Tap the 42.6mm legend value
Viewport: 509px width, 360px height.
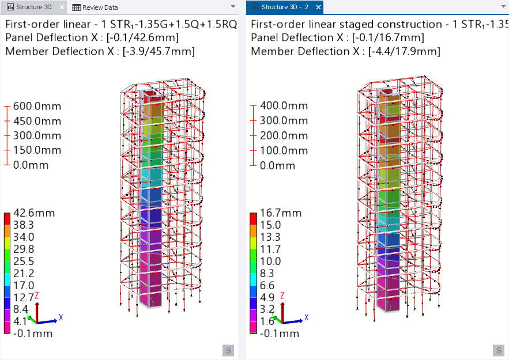(34, 213)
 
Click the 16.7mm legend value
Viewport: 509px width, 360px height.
(281, 213)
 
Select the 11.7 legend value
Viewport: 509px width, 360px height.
(270, 249)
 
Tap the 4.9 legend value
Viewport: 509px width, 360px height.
(267, 297)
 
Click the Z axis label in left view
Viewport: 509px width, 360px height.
(37, 295)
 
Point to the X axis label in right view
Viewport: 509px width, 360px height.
(306, 317)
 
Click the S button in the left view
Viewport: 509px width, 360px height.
(228, 350)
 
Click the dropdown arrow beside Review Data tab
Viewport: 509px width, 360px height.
(233, 6)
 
